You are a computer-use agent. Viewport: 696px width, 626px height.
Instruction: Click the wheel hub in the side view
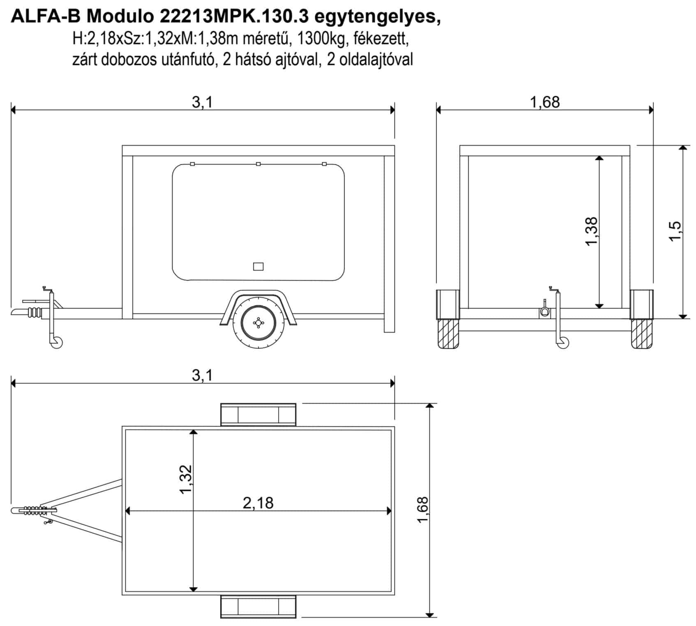tap(258, 323)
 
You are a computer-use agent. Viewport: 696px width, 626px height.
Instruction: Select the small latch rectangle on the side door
tap(258, 267)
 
